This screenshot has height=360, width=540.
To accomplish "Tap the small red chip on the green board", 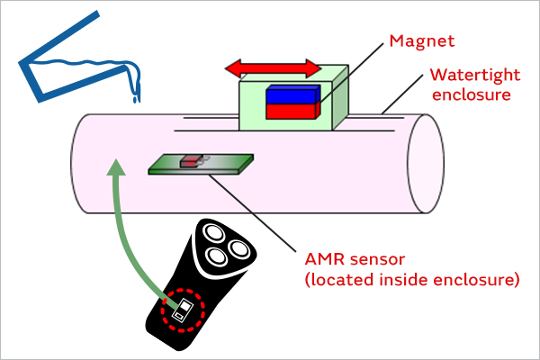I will click(190, 161).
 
